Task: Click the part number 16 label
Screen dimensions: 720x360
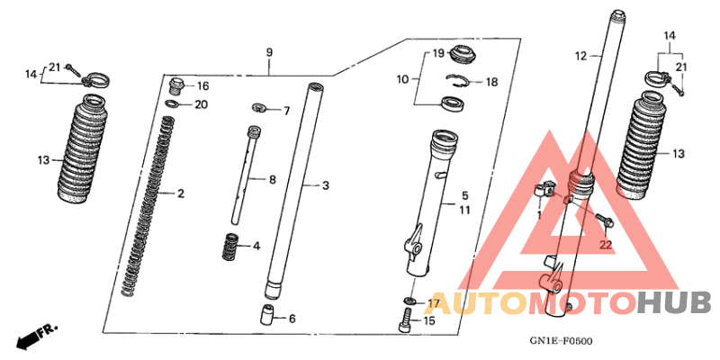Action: (203, 86)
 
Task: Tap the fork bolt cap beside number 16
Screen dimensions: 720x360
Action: (176, 85)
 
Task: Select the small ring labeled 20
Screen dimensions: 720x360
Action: (172, 103)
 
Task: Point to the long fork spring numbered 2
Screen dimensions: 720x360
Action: (149, 207)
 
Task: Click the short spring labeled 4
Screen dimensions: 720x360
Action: (230, 247)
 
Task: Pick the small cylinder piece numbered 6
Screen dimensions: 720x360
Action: (268, 315)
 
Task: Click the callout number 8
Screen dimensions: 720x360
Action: (273, 179)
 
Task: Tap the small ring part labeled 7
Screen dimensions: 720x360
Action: (259, 108)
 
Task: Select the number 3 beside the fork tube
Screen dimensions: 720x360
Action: (326, 186)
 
